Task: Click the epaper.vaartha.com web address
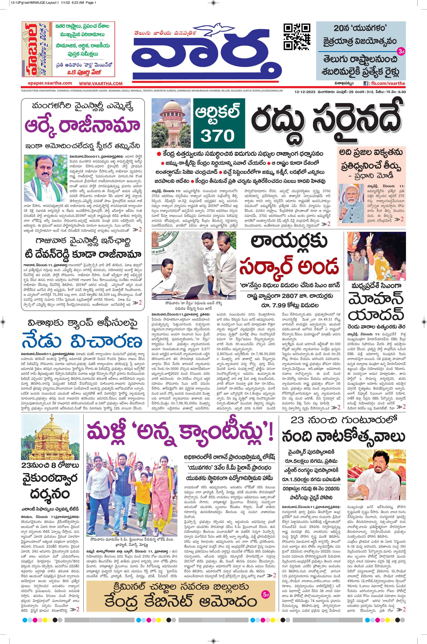(50, 83)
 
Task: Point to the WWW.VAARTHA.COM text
(101, 84)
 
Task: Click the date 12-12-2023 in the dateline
(304, 92)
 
